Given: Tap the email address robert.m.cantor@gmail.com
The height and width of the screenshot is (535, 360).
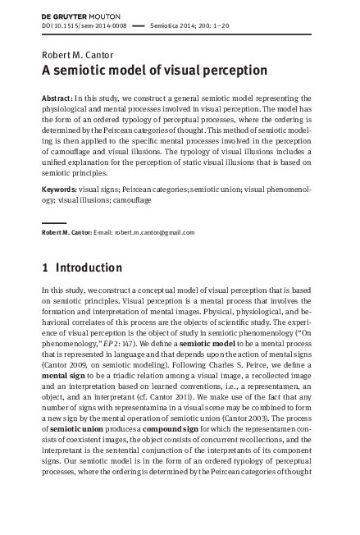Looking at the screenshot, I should click(x=155, y=232).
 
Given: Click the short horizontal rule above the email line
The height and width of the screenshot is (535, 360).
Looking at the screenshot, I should click(x=53, y=222).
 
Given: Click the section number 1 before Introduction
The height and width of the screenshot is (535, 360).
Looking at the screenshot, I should click(x=45, y=267).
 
